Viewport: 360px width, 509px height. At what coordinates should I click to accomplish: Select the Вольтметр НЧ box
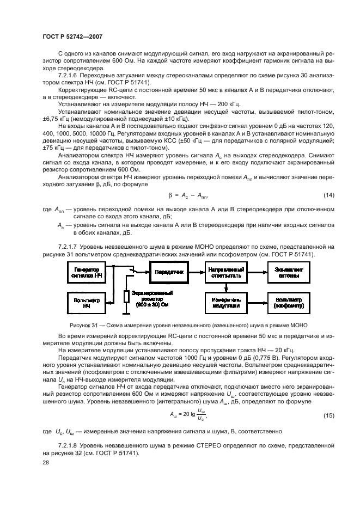click(x=87, y=303)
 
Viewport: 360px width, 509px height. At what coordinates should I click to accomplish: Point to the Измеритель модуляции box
click(x=224, y=303)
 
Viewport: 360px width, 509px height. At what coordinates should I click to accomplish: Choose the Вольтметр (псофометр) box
click(x=287, y=303)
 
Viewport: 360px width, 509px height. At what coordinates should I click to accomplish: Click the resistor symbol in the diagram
click(x=126, y=296)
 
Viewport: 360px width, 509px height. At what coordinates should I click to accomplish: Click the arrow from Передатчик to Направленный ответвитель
click(x=196, y=271)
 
